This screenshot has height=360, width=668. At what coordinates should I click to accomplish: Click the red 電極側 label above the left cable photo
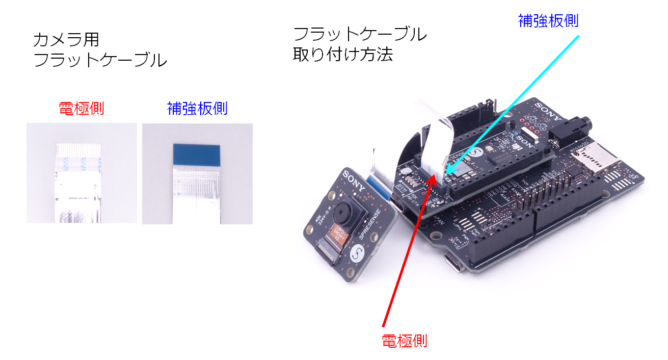82,108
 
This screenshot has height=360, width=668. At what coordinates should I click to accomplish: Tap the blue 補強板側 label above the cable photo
197,108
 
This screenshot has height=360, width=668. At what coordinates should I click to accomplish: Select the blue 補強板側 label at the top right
548,21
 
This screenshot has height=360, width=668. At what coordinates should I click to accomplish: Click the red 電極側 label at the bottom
405,341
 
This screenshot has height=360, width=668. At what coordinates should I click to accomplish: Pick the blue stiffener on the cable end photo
197,153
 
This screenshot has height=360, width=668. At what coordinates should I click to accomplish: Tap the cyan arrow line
515,102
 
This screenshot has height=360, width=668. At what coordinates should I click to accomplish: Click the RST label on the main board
401,188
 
